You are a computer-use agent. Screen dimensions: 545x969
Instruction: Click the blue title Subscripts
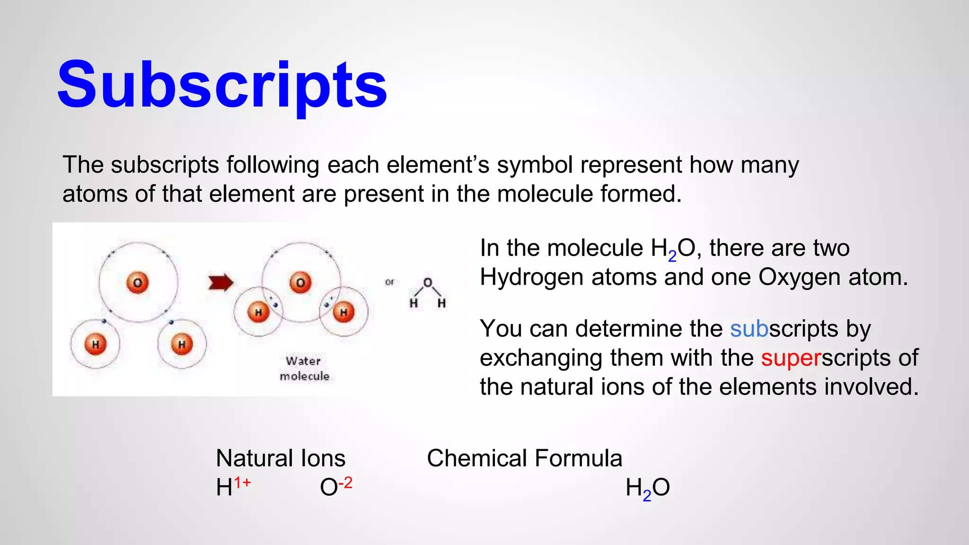[x=222, y=85]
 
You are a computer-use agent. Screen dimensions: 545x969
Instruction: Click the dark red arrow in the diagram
[x=221, y=282]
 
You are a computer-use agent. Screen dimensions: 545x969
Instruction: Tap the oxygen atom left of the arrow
[x=138, y=283]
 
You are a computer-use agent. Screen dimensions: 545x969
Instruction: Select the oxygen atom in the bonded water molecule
[x=300, y=283]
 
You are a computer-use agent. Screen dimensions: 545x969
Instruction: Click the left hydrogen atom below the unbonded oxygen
[x=95, y=344]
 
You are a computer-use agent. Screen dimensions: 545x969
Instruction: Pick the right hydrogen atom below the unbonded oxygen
[x=182, y=344]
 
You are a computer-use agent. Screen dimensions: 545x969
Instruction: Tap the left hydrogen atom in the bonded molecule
[x=258, y=312]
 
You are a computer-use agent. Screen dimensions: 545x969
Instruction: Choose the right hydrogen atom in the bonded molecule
[x=344, y=312]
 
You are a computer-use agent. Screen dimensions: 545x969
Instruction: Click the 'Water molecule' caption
[x=304, y=368]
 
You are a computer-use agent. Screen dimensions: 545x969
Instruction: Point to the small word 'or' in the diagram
[x=389, y=282]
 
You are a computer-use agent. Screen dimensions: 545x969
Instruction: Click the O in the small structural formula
[x=428, y=282]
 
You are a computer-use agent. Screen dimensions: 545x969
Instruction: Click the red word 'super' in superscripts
[x=791, y=358]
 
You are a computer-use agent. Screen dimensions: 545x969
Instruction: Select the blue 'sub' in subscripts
[x=749, y=329]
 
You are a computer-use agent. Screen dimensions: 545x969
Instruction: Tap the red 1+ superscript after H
[x=242, y=483]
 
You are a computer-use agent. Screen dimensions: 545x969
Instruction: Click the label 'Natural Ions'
[x=281, y=458]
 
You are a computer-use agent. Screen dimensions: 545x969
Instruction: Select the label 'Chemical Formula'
[x=524, y=458]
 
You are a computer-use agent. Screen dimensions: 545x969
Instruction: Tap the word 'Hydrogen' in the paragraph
[x=531, y=277]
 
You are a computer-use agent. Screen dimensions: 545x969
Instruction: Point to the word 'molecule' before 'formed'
[x=545, y=194]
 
